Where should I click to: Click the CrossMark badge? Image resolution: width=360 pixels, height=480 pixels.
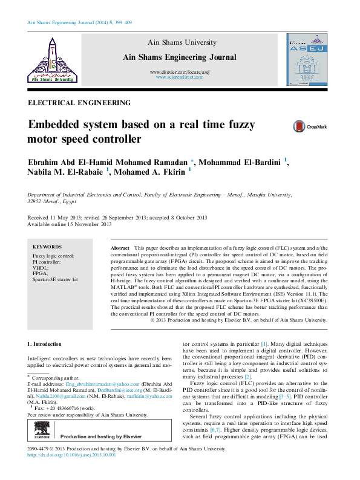[309, 127]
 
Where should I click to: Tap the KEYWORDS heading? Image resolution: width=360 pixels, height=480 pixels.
[47, 247]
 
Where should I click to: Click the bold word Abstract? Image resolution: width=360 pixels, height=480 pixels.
[120, 249]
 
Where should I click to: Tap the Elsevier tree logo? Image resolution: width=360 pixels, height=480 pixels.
[27, 431]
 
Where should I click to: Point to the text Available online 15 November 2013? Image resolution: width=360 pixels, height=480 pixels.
[70, 224]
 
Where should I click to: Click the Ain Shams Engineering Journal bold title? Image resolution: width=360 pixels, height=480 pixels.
[179, 57]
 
